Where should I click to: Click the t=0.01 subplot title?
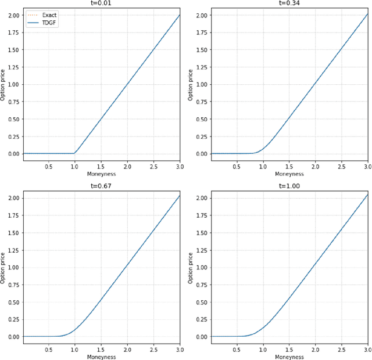coord(101,2)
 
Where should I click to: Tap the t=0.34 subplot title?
coord(289,2)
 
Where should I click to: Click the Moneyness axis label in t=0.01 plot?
coord(101,174)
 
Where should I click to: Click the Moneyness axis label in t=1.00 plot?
coord(289,357)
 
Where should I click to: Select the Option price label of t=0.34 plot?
coord(191,84)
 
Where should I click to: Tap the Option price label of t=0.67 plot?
coord(3,267)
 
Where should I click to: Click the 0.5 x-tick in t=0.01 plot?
coord(48,166)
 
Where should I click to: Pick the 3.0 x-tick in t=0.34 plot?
coord(367,166)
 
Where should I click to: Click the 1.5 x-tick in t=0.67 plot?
coord(101,350)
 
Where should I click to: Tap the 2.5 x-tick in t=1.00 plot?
coord(341,350)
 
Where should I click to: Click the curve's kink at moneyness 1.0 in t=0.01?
coord(74,153)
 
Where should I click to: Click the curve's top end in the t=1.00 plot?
coord(368,195)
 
